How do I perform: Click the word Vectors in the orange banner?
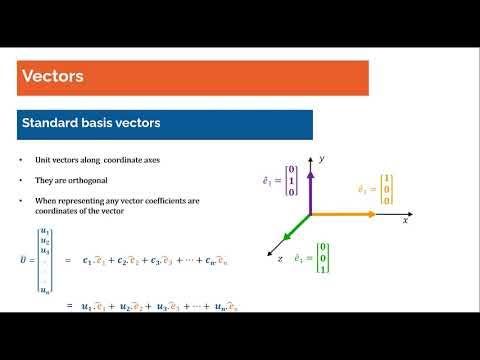pos(52,77)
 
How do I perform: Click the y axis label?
pos(323,158)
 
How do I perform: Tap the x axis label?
pos(405,220)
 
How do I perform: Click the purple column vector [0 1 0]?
pos(291,182)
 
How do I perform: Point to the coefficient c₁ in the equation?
pos(86,261)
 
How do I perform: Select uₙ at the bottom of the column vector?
pos(44,289)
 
